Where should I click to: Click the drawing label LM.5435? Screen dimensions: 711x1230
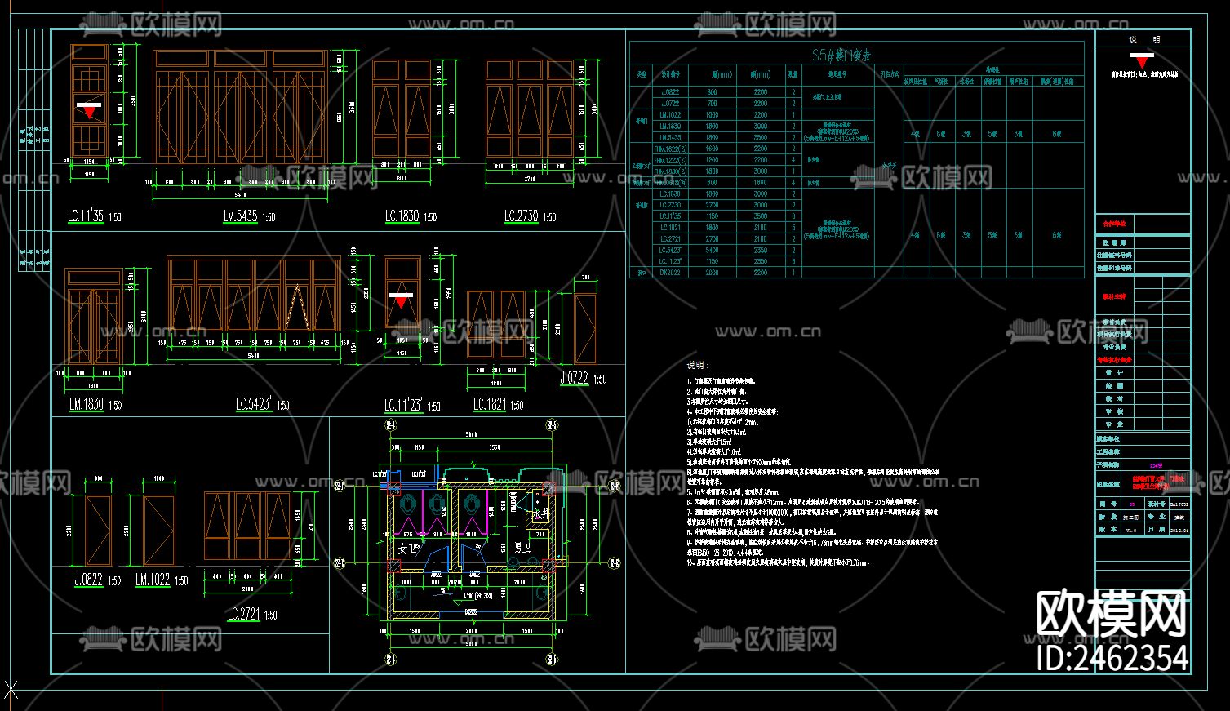[240, 216]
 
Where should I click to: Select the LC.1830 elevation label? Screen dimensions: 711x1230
[402, 216]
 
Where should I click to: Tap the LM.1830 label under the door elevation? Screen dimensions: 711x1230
[87, 404]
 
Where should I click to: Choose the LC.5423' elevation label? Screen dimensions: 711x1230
[253, 404]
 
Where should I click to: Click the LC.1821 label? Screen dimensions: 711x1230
[490, 404]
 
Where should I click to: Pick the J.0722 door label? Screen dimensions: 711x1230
[575, 378]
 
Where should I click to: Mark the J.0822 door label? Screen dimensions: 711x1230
[88, 580]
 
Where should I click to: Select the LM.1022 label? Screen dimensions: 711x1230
[153, 580]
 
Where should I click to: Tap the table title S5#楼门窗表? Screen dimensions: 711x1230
[841, 56]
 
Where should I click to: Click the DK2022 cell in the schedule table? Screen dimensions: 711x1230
[670, 273]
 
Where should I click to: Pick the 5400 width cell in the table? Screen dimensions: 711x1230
[712, 251]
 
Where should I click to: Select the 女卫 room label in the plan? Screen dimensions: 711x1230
[407, 549]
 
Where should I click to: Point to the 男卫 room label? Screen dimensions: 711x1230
[522, 549]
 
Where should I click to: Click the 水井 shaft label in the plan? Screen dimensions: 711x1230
[540, 514]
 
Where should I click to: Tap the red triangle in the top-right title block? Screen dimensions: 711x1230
[1143, 60]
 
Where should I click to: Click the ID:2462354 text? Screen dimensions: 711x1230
[1112, 657]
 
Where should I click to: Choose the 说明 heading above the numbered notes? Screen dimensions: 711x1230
[698, 365]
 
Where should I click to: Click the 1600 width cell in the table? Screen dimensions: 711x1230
[712, 149]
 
